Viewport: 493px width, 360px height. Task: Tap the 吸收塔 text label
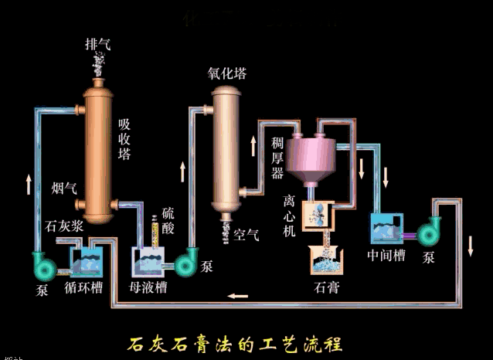[124, 138]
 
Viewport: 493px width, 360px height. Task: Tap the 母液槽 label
[148, 287]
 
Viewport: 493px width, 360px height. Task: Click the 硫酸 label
[168, 220]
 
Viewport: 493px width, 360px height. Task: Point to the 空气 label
[246, 234]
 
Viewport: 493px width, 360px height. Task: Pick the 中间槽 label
[386, 256]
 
